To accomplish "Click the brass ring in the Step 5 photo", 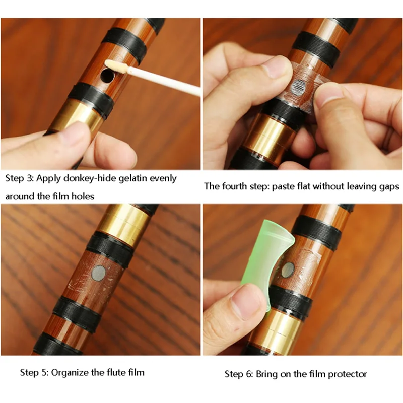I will (x=123, y=222).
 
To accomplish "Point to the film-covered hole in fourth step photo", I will (x=300, y=86).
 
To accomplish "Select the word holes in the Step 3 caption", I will (x=83, y=196).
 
